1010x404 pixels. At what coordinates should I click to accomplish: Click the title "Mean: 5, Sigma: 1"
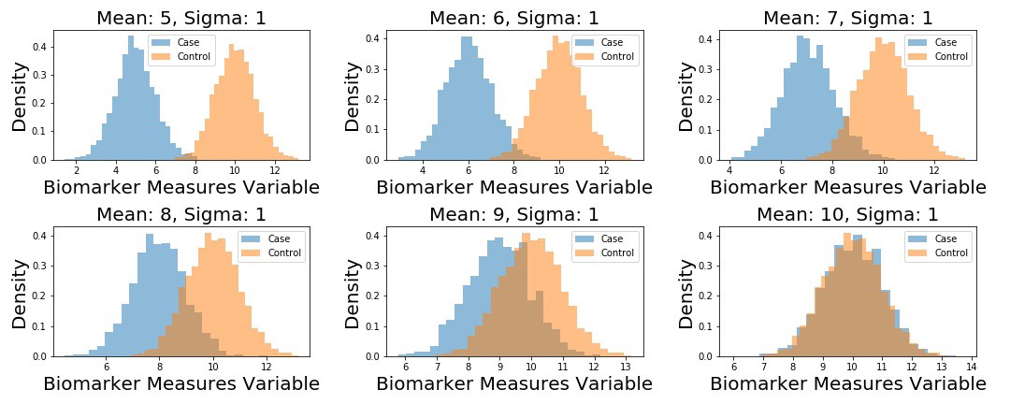181,18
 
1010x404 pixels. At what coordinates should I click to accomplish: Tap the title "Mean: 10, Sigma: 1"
847,214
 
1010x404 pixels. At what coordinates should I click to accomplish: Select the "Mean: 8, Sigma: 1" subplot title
181,214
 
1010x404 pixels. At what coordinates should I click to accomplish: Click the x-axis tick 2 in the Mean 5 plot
77,171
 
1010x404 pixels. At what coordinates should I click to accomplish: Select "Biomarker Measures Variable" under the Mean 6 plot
514,187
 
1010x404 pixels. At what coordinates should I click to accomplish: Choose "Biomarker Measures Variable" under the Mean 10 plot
847,384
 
